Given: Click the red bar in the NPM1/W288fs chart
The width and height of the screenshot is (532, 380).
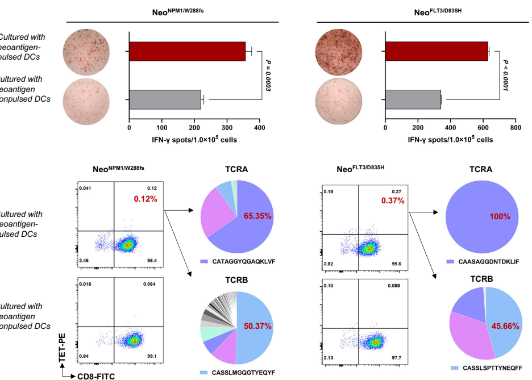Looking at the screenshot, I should tap(187, 51).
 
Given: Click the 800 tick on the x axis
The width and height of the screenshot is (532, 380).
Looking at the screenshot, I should tap(516, 128).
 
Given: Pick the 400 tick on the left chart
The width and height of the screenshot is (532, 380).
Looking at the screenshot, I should tap(260, 128).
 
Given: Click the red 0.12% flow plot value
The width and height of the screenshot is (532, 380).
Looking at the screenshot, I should tap(146, 199).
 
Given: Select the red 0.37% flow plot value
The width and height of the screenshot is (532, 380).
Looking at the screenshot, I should tap(393, 201).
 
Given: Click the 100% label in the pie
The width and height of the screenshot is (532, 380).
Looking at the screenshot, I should tap(500, 217).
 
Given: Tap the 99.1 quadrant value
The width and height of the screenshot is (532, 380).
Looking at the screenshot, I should tap(151, 356).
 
